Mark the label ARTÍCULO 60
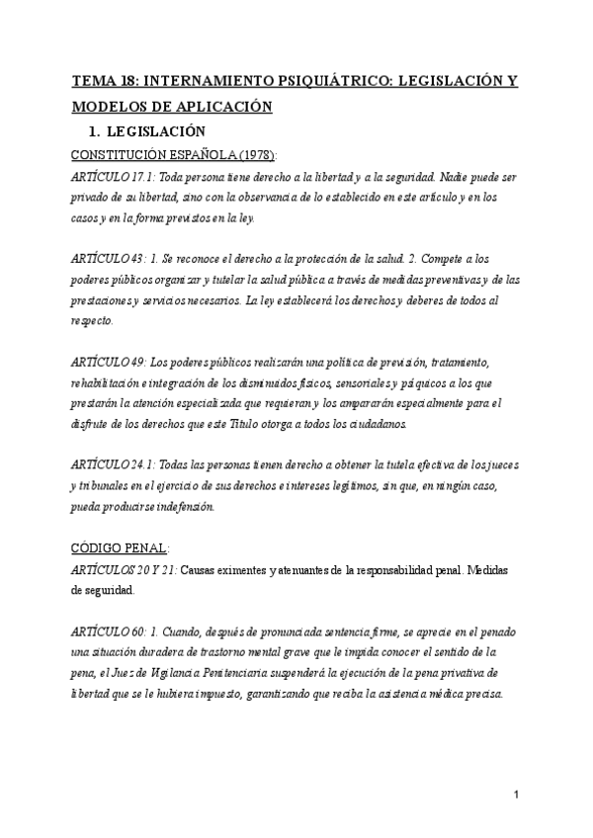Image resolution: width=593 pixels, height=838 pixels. [x=105, y=630]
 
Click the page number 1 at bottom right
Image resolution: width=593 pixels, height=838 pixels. [x=517, y=796]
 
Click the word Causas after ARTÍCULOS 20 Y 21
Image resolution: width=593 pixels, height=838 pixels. [x=201, y=570]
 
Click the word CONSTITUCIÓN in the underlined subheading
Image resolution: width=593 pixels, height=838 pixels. [x=112, y=154]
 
